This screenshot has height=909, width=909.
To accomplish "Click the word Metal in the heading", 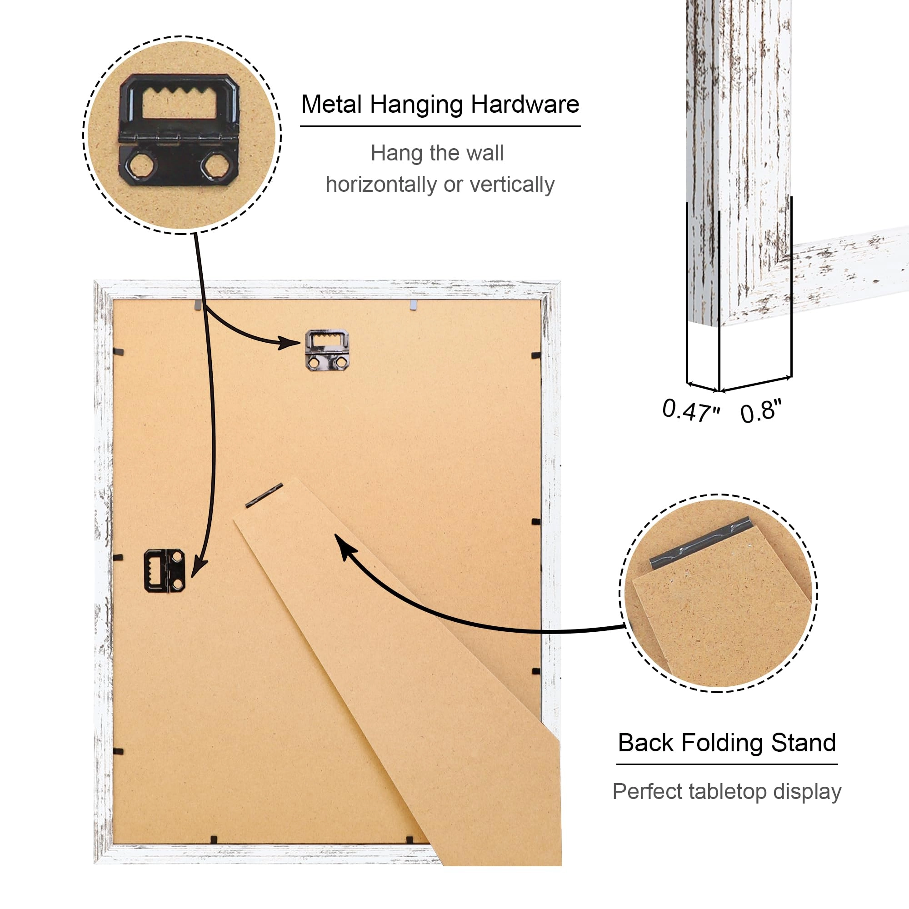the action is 332,105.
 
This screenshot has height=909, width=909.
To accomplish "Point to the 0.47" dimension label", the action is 691,410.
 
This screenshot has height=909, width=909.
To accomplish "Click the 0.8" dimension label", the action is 760,411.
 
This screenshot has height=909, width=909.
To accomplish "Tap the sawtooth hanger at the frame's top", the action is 327,350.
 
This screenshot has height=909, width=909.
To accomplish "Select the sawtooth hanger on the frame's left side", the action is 165,571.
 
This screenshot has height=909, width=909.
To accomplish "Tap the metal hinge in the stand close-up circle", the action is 699,543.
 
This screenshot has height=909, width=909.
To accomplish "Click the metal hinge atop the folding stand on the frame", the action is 264,495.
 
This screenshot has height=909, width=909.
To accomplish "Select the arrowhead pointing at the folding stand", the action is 345,546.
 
